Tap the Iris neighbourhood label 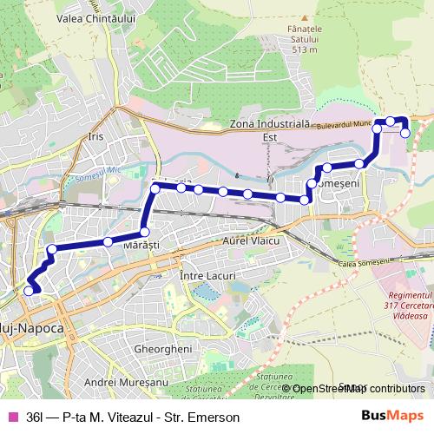pyautogui.click(x=95, y=137)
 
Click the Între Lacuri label pyautogui.click(x=207, y=275)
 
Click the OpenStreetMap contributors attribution pyautogui.click(x=358, y=388)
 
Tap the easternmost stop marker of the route pyautogui.click(x=405, y=132)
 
